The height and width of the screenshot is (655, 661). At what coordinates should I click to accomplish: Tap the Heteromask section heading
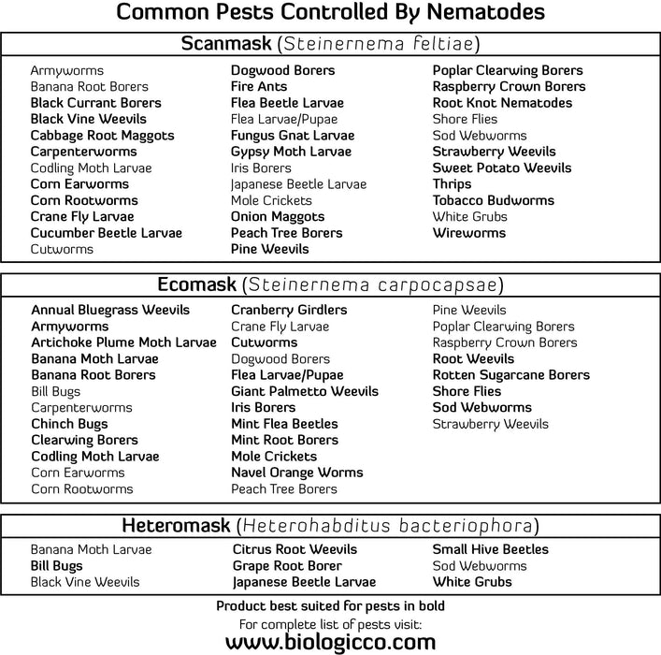coord(176,525)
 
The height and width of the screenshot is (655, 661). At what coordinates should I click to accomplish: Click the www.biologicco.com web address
coord(330,642)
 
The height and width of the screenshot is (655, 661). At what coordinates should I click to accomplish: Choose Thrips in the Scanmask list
coord(452,184)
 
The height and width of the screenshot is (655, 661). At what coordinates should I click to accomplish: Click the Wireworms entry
coord(468,233)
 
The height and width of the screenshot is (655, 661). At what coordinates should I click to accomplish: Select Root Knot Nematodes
coord(502,103)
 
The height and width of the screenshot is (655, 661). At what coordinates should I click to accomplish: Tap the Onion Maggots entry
coord(278,217)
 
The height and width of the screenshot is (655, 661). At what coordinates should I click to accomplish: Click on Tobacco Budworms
coord(493,200)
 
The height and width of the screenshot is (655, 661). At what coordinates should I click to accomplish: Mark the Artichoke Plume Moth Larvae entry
coord(123,342)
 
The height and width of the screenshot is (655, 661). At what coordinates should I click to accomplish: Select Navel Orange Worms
coord(297,473)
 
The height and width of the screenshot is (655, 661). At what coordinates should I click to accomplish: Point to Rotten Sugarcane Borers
coord(510,375)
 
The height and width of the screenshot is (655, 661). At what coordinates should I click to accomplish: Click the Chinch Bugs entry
coord(69,424)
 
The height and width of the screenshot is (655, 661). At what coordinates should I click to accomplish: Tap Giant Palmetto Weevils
coord(305,391)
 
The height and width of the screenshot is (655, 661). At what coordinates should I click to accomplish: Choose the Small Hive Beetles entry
coord(490,549)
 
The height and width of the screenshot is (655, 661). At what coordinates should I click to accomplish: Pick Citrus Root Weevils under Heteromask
coord(295,549)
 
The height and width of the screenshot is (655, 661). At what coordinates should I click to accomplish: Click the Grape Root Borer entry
coord(287,566)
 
